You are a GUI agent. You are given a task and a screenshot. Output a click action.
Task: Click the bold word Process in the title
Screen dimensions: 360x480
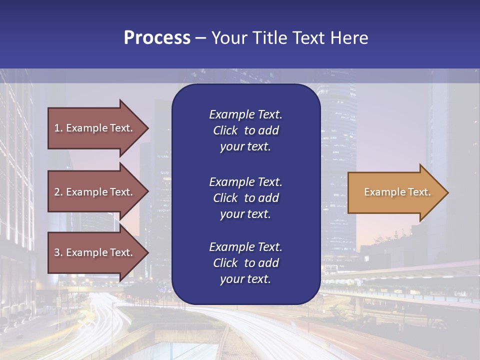pos(157,38)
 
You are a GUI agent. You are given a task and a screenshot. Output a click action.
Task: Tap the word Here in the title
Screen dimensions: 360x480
pos(348,38)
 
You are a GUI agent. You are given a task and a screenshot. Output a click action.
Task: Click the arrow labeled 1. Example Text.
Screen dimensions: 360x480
pos(95,128)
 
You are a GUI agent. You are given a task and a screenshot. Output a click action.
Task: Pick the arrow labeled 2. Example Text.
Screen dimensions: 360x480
pos(95,192)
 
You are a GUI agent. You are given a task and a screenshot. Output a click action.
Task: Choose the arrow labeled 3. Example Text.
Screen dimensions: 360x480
pos(95,252)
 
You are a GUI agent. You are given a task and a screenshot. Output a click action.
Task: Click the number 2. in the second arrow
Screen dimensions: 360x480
pos(58,192)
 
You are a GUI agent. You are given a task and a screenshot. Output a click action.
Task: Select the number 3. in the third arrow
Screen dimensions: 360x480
pos(58,252)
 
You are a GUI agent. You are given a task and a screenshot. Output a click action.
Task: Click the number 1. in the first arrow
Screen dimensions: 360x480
pos(58,128)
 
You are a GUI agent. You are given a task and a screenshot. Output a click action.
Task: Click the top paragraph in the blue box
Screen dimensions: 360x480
pos(245,130)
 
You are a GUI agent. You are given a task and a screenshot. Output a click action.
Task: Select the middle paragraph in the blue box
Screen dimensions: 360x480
pos(245,198)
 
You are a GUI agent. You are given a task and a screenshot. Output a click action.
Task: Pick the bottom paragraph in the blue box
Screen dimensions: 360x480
pos(245,263)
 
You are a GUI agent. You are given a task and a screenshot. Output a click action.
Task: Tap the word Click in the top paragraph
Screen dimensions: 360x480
pos(225,130)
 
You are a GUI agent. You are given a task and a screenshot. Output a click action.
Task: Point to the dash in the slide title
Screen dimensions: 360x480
pos(201,38)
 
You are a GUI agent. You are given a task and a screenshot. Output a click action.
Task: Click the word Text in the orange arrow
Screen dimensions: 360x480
pos(419,192)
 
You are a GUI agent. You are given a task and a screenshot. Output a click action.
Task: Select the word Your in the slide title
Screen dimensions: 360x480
pos(226,38)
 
